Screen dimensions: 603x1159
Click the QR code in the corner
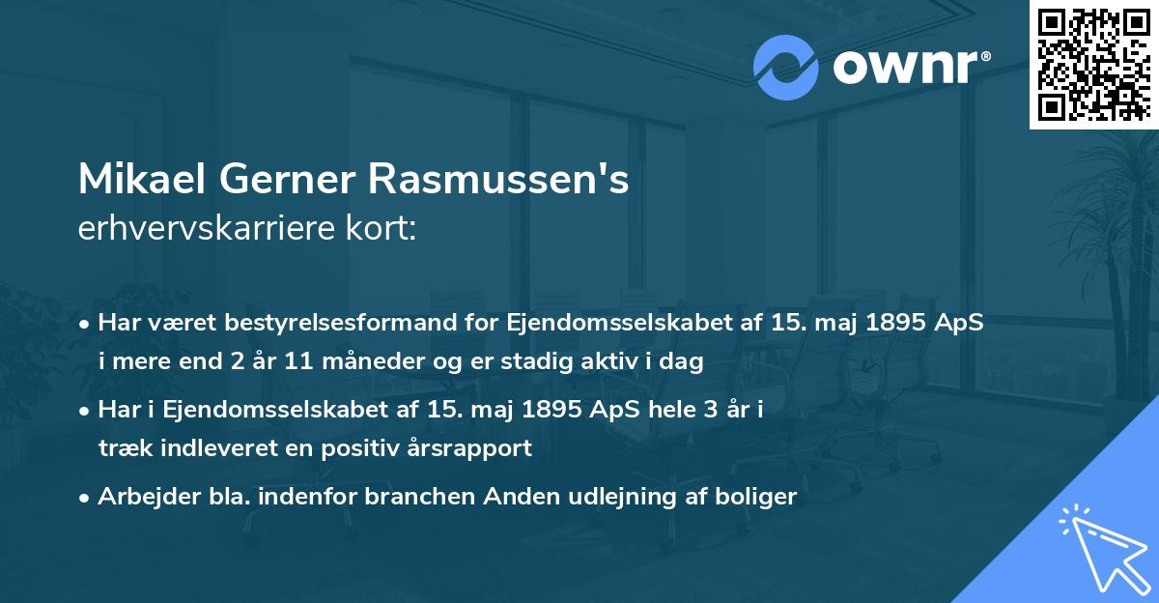pos(1093,64)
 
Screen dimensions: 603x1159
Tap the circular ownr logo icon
pos(786,67)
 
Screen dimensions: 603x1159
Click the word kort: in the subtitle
pos(383,229)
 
